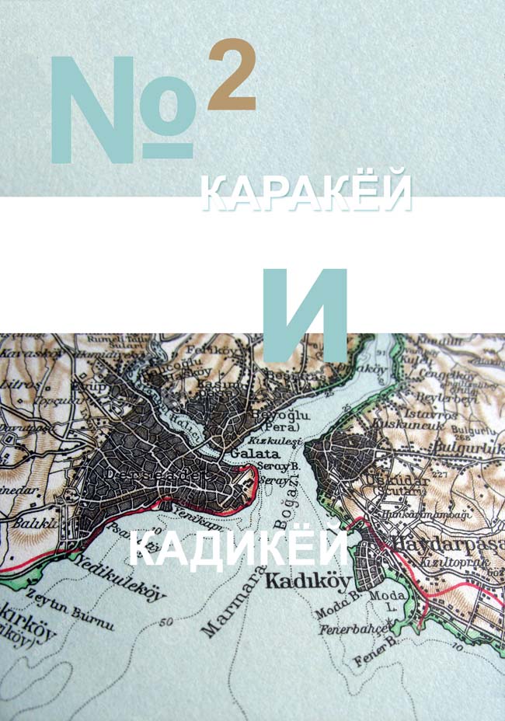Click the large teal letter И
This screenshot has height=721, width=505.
click(x=304, y=314)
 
